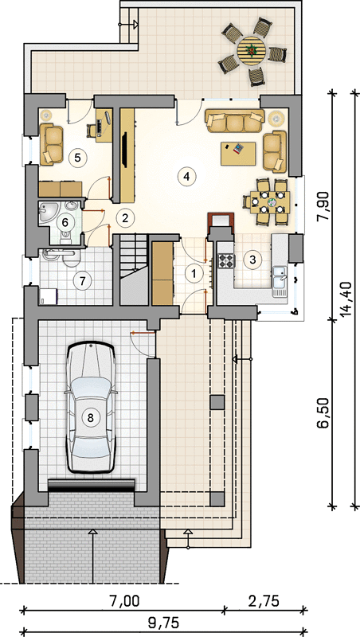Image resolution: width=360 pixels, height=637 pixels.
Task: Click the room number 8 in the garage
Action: pos(91,416)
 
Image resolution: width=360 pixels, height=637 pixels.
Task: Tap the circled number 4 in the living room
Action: pos(187,176)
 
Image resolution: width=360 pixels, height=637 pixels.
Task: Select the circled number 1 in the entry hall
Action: pos(194,273)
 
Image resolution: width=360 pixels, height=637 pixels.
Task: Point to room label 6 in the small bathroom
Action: pos(64,222)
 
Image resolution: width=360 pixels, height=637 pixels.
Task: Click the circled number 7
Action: pos(83,280)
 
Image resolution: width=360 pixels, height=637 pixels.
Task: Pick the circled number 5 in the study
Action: pos(77,157)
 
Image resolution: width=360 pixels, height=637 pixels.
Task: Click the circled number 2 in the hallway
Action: pos(125,218)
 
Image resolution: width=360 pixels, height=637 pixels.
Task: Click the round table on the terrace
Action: pos(252,50)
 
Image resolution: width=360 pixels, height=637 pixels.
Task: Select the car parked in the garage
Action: pos(91,408)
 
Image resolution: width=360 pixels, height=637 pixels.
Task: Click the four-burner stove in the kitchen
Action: pos(227,260)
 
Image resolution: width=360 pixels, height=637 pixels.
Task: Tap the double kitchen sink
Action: pos(280,277)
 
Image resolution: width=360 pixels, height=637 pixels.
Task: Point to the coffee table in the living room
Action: pos(238,154)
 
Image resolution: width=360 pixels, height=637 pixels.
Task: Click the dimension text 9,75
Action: pos(163,623)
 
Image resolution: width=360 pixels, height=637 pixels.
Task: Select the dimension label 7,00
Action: pos(125,600)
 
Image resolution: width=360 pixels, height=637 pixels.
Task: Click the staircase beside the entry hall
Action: pos(133,270)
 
